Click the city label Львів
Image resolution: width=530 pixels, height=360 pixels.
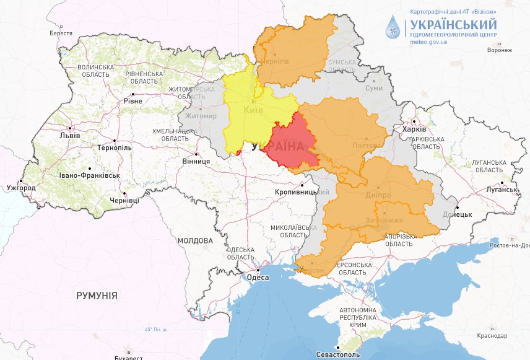click(69, 135)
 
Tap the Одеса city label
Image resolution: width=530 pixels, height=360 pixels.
click(258, 278)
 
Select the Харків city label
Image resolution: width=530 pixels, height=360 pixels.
click(414, 130)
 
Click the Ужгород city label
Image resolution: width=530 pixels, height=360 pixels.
click(21, 187)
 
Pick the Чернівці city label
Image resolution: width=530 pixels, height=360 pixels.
click(125, 200)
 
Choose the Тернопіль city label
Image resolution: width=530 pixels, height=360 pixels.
click(114, 147)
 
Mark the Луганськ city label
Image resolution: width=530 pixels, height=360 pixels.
click(501, 189)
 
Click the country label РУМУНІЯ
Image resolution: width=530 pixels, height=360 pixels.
click(97, 296)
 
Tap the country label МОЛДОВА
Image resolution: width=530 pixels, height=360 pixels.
click(195, 240)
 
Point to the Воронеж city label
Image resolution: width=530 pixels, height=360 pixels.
click(500, 50)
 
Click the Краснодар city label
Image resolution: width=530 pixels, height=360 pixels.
click(493, 335)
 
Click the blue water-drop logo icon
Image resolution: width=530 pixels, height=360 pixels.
click(393, 29)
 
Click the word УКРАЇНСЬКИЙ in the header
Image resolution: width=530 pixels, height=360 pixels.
click(452, 24)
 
